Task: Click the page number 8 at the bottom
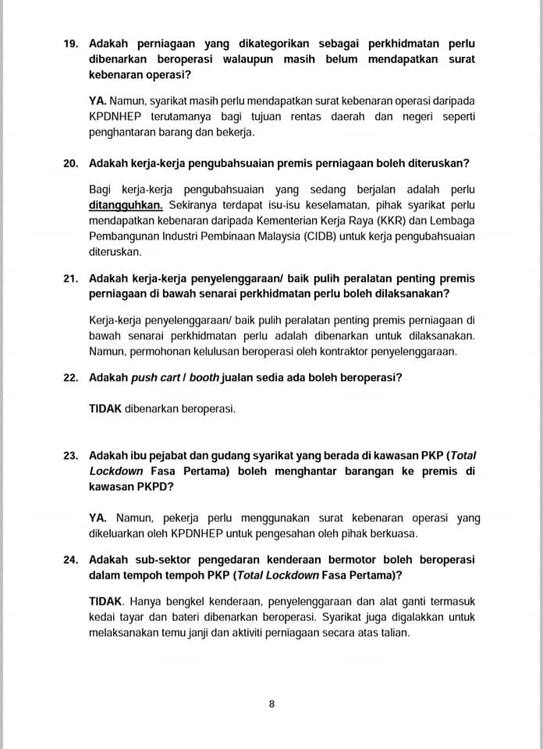coord(271,704)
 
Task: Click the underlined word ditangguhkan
coord(126,206)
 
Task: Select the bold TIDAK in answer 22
coord(105,408)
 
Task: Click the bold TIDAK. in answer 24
coord(107,602)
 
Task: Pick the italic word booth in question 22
coord(204,378)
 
